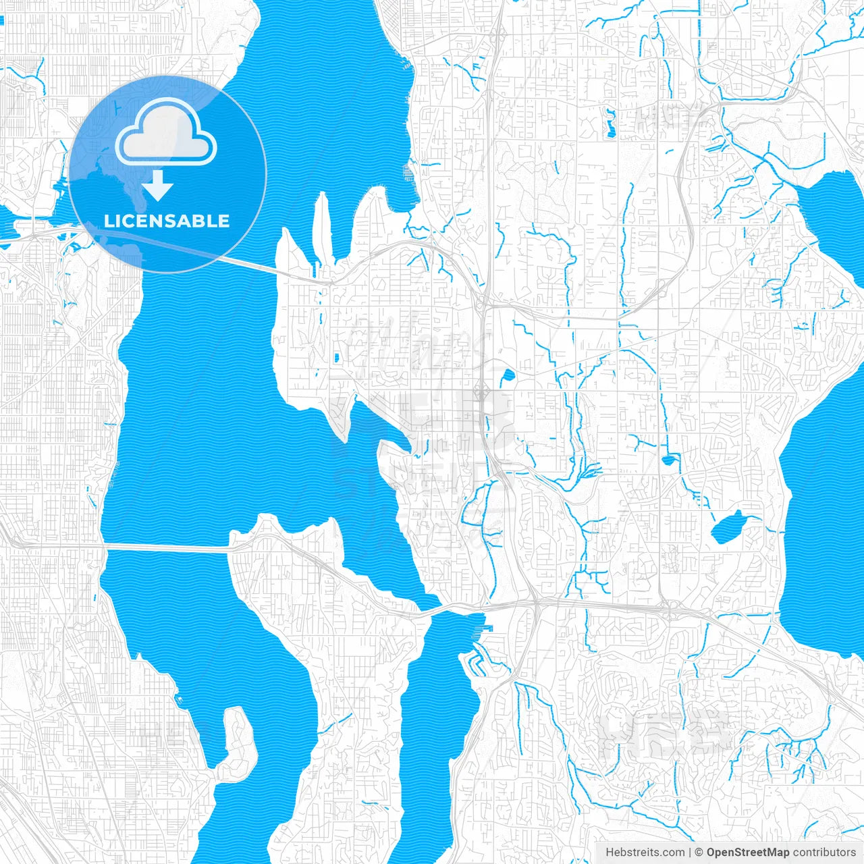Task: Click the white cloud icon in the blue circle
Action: [x=166, y=132]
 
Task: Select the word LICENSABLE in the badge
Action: [x=167, y=221]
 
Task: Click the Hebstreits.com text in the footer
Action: [x=645, y=853]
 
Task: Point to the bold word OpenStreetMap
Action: [x=747, y=853]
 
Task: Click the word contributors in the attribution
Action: [x=823, y=853]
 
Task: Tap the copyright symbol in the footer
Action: [x=699, y=853]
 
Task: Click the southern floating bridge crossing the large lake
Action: [x=169, y=547]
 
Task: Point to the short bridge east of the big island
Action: [x=446, y=609]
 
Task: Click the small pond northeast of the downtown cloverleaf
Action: [x=507, y=375]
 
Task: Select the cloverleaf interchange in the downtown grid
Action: [x=483, y=390]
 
